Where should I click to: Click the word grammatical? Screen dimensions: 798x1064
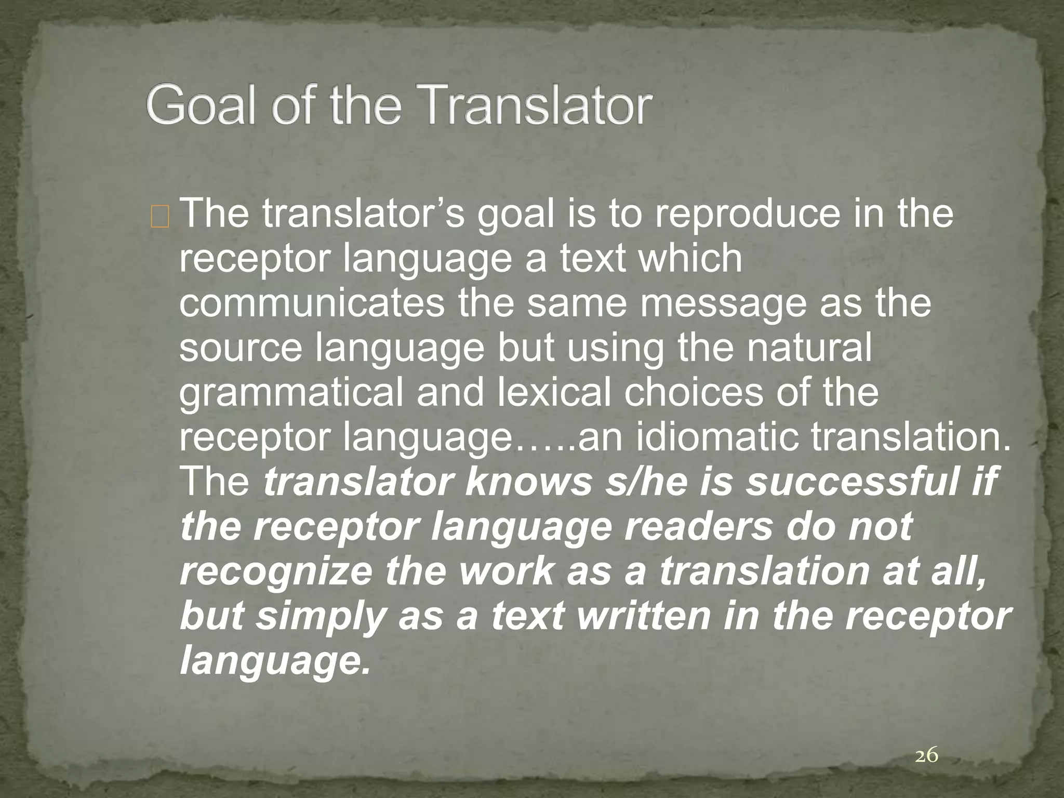(x=291, y=394)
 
